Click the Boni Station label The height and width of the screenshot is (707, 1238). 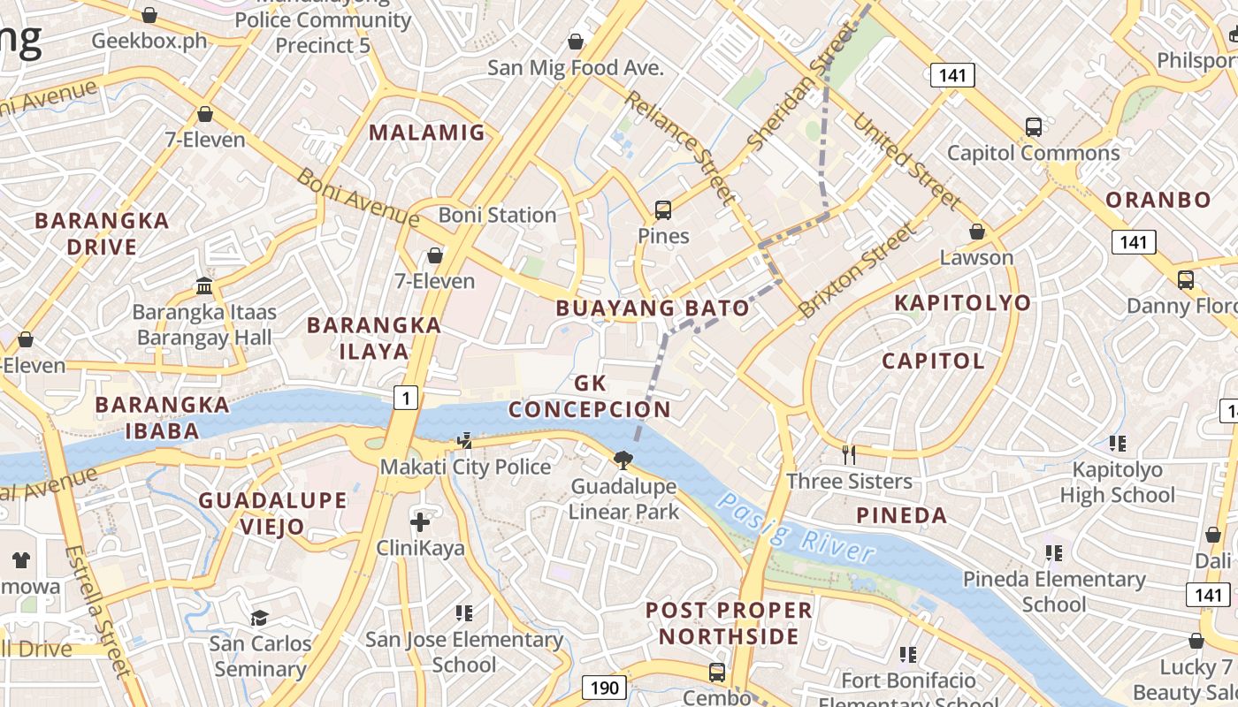click(497, 215)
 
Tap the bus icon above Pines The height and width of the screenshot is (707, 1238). click(663, 210)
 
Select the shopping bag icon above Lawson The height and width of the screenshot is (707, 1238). click(977, 232)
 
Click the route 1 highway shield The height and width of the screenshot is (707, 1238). click(405, 399)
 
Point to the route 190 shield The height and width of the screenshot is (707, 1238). click(605, 688)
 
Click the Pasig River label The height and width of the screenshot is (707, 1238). click(796, 528)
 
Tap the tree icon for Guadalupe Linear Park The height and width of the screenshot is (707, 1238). click(623, 460)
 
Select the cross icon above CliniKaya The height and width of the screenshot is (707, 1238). click(420, 521)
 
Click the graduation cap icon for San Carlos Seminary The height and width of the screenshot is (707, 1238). click(260, 617)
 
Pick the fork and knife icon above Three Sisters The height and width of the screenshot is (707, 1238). click(849, 455)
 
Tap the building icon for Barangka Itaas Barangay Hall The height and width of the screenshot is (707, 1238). click(204, 285)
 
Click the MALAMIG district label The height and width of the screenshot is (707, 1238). click(427, 133)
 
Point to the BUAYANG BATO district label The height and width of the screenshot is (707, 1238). click(653, 308)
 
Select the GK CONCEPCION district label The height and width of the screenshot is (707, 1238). click(590, 397)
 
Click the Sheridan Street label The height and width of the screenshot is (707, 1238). click(800, 88)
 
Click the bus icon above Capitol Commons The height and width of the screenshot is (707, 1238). click(1034, 126)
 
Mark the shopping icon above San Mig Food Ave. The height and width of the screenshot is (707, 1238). click(576, 42)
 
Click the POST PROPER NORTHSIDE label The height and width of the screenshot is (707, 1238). click(729, 623)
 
